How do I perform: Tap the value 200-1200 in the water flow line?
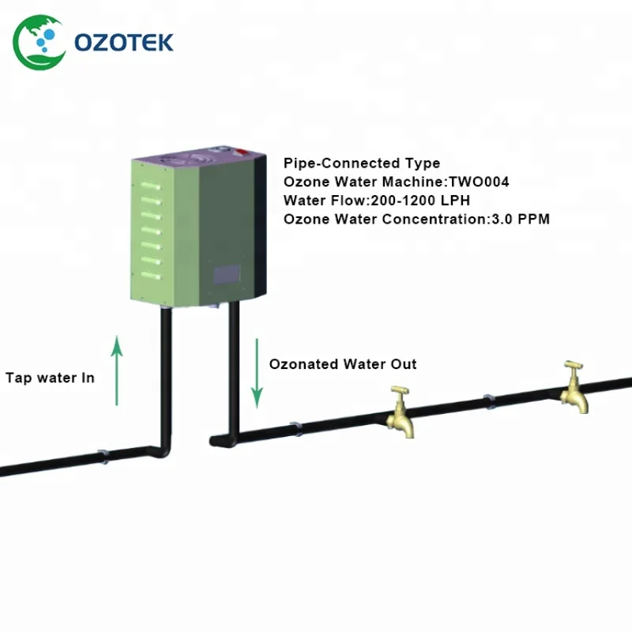click(391, 200)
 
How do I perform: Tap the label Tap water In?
click(50, 378)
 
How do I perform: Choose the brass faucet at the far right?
click(574, 387)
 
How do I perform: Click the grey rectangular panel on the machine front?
click(228, 274)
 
